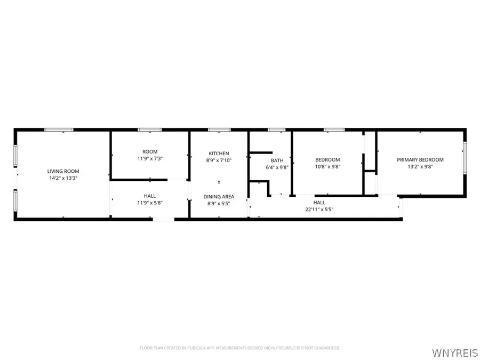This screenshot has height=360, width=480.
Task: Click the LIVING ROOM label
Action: [x=63, y=171]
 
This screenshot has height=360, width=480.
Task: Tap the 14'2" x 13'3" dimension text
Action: [x=63, y=178]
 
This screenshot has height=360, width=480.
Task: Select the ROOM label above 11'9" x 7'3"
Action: [x=150, y=152]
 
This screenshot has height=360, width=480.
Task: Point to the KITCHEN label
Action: [x=219, y=154]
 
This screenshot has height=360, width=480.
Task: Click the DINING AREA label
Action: [x=219, y=197]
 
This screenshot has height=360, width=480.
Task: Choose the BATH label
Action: [x=277, y=161]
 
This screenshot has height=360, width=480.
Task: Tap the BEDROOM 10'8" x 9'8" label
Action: [x=327, y=159]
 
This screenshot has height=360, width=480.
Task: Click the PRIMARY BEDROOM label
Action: [x=420, y=159]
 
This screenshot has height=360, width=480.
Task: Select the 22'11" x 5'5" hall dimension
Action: [x=319, y=210]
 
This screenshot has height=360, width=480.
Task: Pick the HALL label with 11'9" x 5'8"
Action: [x=150, y=196]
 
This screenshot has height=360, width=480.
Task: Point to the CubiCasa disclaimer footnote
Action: [x=240, y=348]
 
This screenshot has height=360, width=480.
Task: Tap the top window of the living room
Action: [x=59, y=130]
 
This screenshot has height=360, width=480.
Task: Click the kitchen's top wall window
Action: [x=219, y=130]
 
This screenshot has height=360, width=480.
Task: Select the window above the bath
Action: [x=276, y=130]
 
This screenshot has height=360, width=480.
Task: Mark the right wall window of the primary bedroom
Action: [x=465, y=157]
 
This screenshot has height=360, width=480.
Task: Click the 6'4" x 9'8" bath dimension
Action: [x=277, y=167]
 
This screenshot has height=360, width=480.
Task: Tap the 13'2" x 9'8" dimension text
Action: [x=420, y=166]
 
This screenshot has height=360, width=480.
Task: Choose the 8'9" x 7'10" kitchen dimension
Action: [x=219, y=161]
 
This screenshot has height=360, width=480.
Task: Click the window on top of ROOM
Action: [x=150, y=130]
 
